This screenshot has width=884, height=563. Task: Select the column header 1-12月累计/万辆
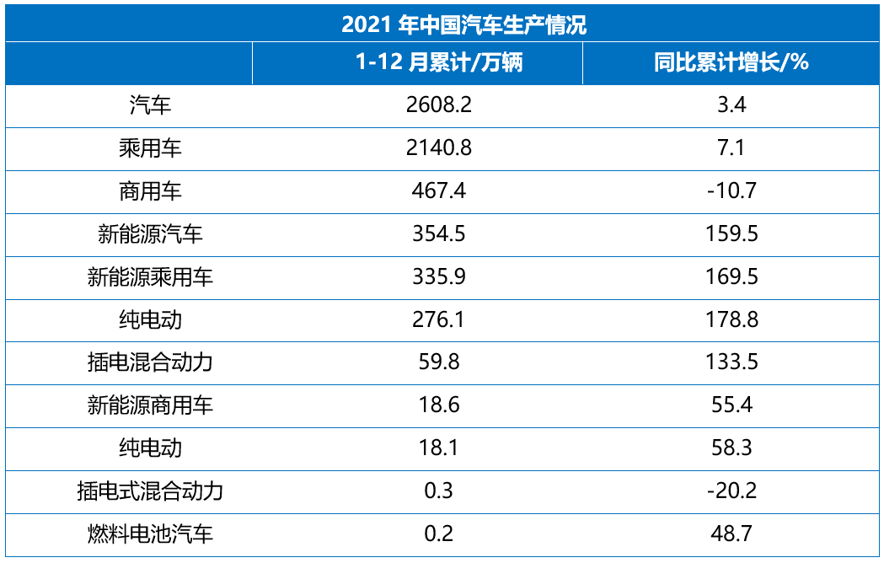pyautogui.click(x=438, y=63)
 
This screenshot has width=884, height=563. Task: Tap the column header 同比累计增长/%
pyautogui.click(x=731, y=63)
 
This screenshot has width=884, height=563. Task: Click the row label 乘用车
pyautogui.click(x=150, y=148)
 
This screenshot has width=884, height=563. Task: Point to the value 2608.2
pyautogui.click(x=438, y=105)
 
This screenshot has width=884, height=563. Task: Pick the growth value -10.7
pyautogui.click(x=731, y=191)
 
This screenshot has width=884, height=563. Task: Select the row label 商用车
pyautogui.click(x=150, y=191)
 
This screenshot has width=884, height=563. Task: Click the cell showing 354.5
pyautogui.click(x=438, y=233)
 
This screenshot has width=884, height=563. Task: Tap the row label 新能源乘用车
pyautogui.click(x=150, y=276)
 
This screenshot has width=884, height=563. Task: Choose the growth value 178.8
pyautogui.click(x=731, y=319)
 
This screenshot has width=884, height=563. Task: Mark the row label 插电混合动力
pyautogui.click(x=150, y=362)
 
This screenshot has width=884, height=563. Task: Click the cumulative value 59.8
pyautogui.click(x=438, y=362)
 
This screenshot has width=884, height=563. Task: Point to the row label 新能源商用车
pyautogui.click(x=150, y=405)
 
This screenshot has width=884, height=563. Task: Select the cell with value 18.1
pyautogui.click(x=438, y=448)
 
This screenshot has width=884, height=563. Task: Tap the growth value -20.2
pyautogui.click(x=731, y=491)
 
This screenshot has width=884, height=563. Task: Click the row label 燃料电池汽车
pyautogui.click(x=150, y=534)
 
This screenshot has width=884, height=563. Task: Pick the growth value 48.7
pyautogui.click(x=731, y=534)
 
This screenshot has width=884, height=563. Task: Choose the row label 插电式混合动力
pyautogui.click(x=150, y=491)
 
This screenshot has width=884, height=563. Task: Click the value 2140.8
pyautogui.click(x=438, y=148)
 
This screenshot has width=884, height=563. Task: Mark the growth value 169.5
pyautogui.click(x=731, y=276)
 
